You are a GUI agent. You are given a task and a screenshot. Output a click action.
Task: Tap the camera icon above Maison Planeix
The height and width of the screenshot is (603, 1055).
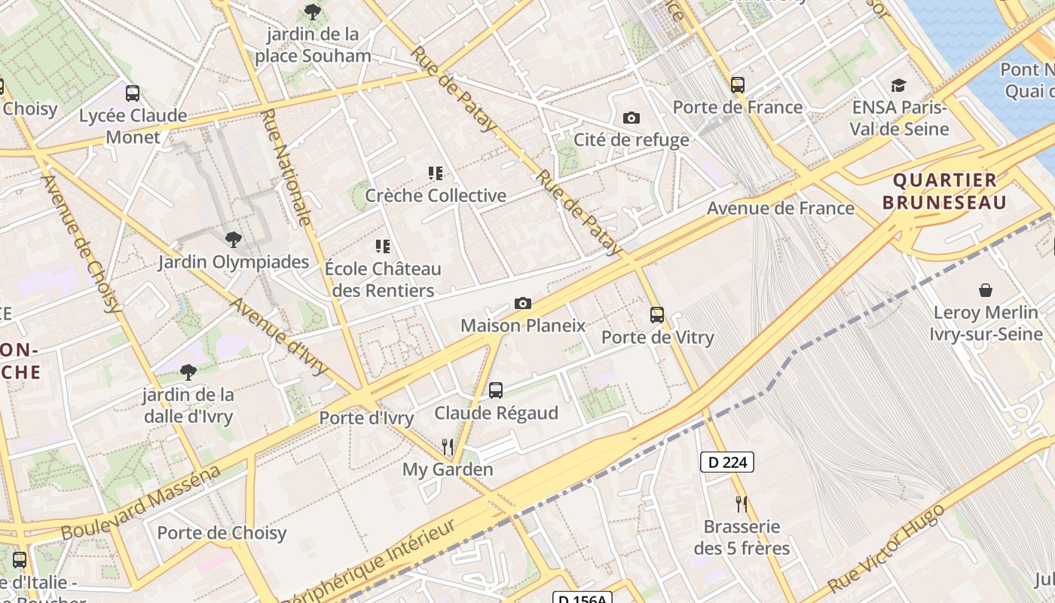(522, 304)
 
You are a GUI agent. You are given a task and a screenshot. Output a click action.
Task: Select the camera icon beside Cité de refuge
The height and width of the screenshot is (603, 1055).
(631, 118)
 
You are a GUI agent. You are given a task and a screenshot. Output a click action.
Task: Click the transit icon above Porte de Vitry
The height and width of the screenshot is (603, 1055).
(657, 315)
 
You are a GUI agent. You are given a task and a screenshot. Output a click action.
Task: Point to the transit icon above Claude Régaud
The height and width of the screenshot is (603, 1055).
(496, 390)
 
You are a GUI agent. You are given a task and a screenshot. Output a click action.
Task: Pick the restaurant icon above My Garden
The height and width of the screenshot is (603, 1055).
(448, 447)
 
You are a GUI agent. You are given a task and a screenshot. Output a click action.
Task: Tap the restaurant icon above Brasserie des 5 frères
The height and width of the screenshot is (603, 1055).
(742, 504)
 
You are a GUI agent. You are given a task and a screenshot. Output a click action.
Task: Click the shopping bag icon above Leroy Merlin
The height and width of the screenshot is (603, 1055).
(985, 290)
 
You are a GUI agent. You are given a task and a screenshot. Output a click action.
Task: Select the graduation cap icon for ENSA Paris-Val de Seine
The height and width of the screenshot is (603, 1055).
(898, 85)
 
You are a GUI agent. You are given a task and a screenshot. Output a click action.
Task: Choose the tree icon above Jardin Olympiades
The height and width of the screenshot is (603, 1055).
(234, 240)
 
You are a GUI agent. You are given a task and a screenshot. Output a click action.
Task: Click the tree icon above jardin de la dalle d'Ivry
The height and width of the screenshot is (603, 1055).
(188, 372)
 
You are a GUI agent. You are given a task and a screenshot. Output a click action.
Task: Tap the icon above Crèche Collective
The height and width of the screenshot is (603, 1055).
(436, 173)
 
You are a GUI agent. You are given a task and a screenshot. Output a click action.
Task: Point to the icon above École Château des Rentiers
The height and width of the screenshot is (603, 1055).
(383, 246)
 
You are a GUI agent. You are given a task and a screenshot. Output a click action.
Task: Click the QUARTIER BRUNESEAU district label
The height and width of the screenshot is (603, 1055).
(944, 191)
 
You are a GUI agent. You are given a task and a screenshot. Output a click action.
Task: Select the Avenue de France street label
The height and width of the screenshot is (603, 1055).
(780, 208)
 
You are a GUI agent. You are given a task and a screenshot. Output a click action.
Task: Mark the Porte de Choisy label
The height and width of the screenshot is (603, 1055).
(222, 533)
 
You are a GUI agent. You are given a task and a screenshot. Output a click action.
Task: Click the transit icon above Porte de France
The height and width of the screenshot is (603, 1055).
(738, 85)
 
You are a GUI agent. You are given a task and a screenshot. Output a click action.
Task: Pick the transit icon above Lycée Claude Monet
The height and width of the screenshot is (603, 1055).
(133, 93)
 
